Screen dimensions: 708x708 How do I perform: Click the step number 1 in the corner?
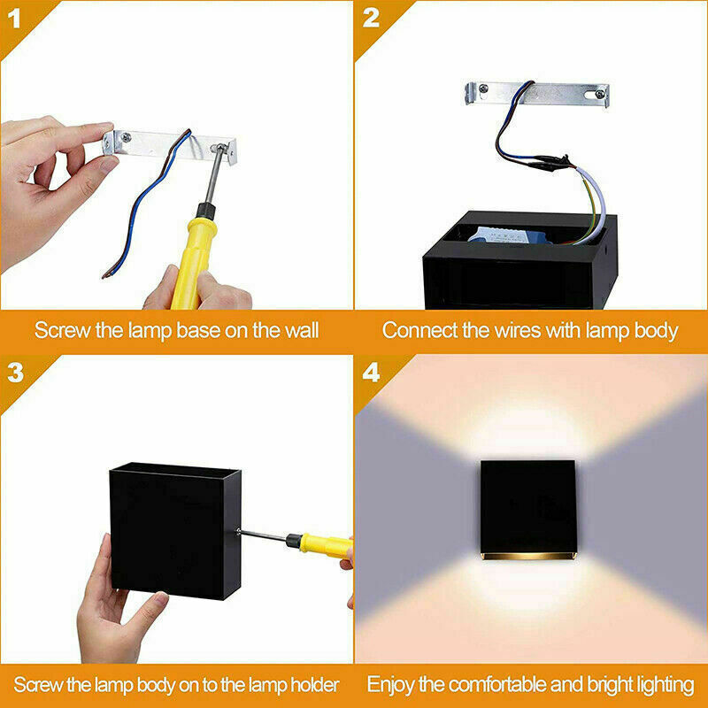(14, 17)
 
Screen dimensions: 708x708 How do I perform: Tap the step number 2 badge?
(370, 17)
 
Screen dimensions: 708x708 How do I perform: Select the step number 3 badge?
(14, 373)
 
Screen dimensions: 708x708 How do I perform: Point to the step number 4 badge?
(371, 373)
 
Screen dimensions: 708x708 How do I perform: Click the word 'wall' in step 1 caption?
(299, 331)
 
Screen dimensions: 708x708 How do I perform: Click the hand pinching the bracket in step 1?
(44, 177)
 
